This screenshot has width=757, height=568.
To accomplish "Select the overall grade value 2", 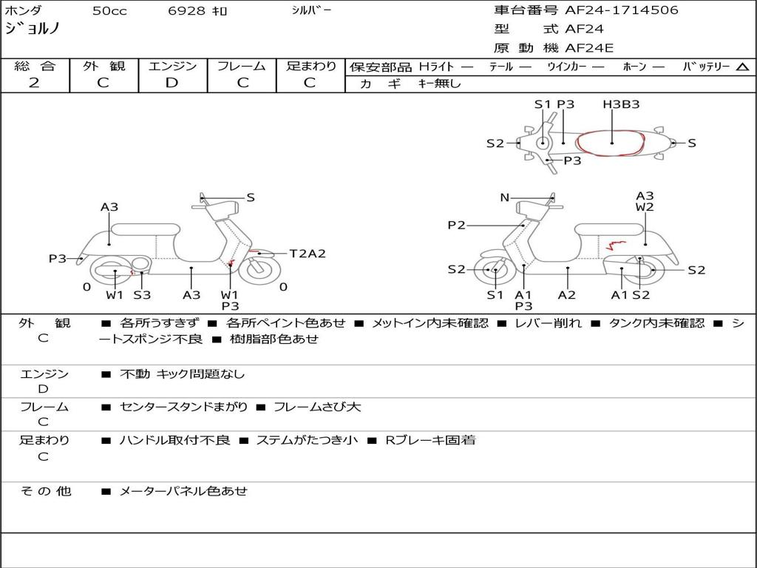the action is click(x=34, y=83).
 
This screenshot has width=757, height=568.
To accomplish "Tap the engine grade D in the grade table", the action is click(x=172, y=83).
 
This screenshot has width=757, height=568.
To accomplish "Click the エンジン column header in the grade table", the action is click(x=172, y=66).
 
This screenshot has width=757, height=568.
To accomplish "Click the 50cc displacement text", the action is click(x=109, y=11).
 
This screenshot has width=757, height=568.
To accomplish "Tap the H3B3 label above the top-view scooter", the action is click(x=621, y=104).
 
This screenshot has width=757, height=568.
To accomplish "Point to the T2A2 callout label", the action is click(x=308, y=254).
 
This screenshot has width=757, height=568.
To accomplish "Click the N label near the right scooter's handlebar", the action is click(x=505, y=197).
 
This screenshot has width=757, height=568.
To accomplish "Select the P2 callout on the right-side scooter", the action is click(x=457, y=226).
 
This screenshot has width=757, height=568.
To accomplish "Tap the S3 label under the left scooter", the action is click(x=142, y=295).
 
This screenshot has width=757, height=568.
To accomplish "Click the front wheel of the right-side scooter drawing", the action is click(x=494, y=271).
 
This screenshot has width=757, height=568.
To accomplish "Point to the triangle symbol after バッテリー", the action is click(x=742, y=67).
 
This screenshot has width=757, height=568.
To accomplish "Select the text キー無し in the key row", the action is click(x=439, y=84).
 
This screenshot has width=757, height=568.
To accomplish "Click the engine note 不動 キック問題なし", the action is click(x=182, y=374).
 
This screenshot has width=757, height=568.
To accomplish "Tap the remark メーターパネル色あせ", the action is click(x=183, y=491).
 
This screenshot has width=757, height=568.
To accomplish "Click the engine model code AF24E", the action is click(x=589, y=49).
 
